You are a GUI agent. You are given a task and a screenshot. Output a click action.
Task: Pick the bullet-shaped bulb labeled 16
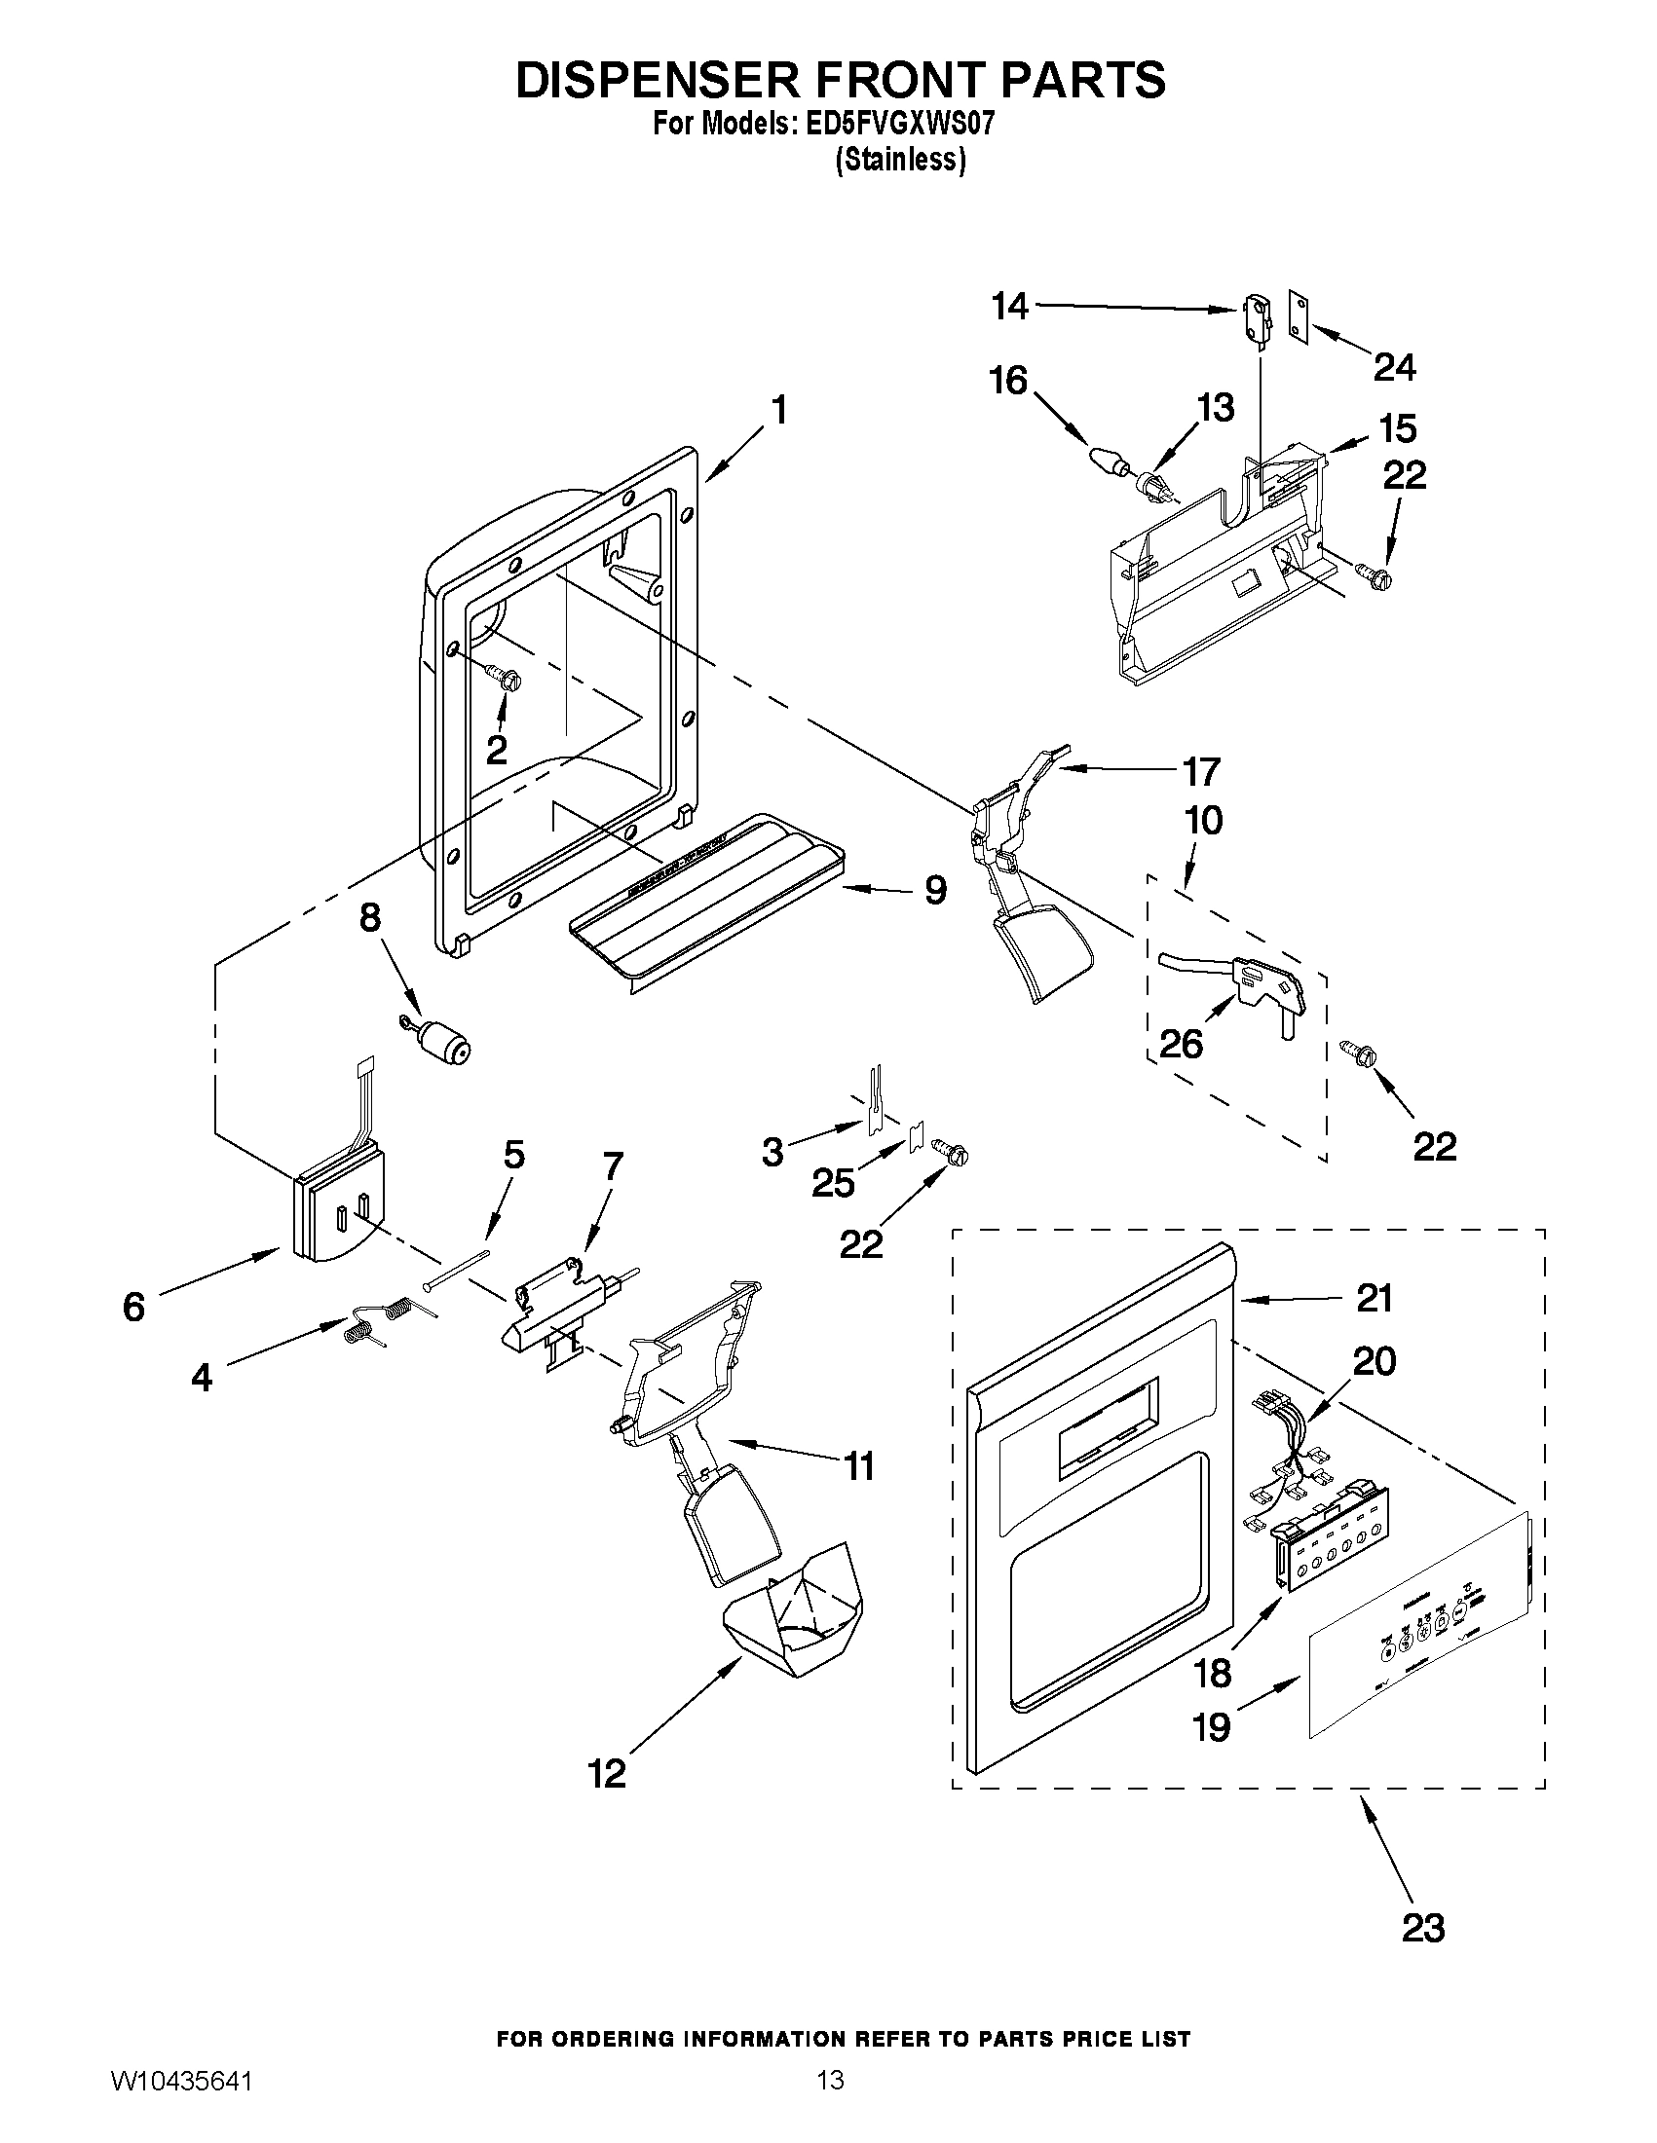[x=1107, y=460]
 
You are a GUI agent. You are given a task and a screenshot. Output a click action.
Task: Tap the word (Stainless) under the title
[x=900, y=160]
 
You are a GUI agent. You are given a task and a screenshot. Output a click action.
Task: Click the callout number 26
[x=1181, y=1043]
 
